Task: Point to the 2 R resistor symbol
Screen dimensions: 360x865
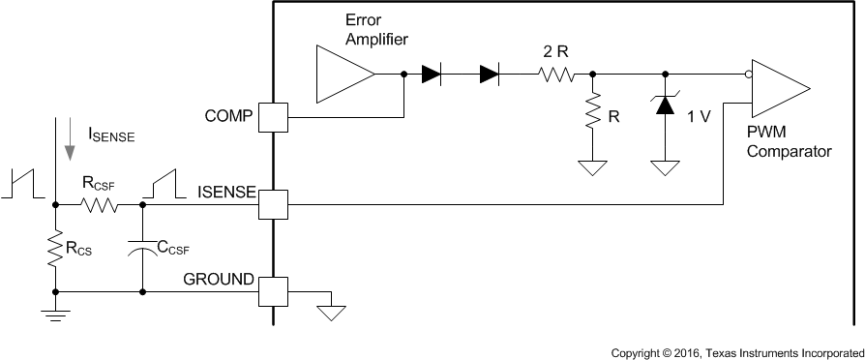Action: pos(556,74)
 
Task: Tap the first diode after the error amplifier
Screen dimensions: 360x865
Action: pos(432,74)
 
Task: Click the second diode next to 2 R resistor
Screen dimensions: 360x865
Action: pos(489,74)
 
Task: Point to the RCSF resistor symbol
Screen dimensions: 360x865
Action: pos(99,204)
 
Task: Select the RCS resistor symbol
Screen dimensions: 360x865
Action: pos(55,248)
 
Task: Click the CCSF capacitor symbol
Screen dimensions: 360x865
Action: pos(142,248)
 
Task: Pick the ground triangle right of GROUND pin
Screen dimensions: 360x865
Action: pos(332,312)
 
